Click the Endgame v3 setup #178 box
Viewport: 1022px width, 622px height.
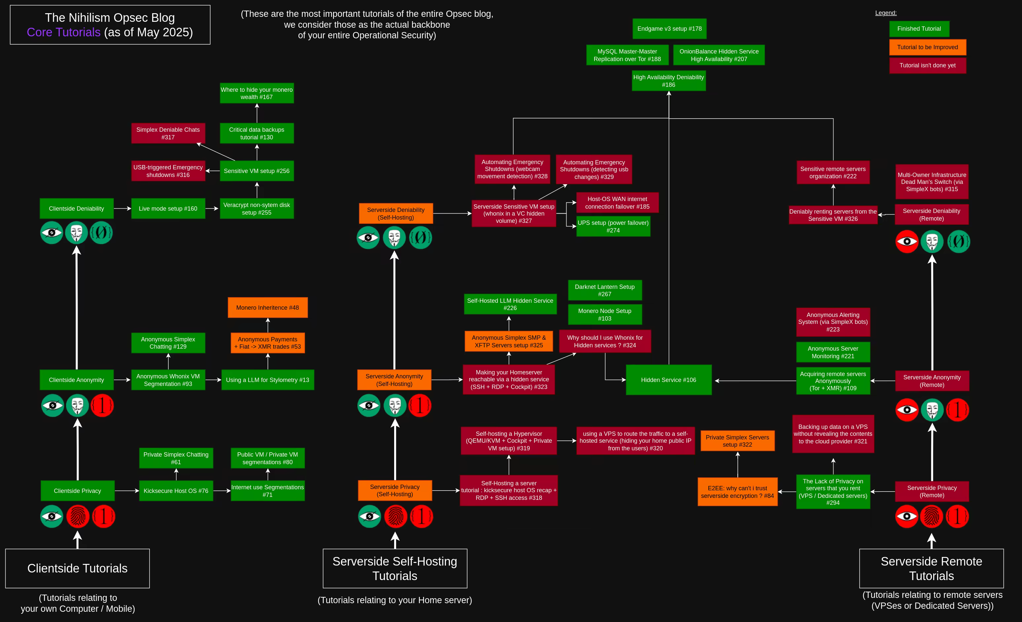tap(669, 29)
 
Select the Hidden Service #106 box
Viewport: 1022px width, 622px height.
tap(668, 380)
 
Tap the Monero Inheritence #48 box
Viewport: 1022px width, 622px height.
tap(267, 307)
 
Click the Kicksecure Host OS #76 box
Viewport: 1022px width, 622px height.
tap(176, 491)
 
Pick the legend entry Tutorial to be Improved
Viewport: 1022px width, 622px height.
tap(928, 47)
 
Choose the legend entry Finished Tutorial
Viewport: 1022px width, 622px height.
tap(919, 29)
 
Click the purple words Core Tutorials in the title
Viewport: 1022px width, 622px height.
tap(63, 32)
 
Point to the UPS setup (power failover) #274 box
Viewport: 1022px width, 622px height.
tap(613, 226)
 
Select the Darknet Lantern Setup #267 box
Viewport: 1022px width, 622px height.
tap(604, 290)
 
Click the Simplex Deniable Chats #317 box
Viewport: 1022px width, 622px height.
tap(168, 133)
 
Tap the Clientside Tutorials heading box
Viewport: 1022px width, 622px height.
tap(78, 568)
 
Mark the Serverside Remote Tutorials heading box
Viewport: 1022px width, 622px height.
tap(931, 568)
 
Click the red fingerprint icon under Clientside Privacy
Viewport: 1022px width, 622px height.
tap(78, 516)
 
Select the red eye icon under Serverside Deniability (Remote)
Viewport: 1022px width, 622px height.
tap(907, 241)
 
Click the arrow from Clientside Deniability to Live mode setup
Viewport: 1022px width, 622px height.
tap(122, 208)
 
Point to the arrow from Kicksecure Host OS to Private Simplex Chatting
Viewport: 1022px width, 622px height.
tap(176, 474)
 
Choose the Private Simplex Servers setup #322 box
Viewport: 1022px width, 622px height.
tap(737, 441)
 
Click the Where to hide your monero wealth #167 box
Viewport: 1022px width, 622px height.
tap(257, 93)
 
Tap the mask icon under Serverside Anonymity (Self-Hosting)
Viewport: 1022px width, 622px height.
tap(394, 405)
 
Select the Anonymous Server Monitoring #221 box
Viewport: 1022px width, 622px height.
tap(833, 352)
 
